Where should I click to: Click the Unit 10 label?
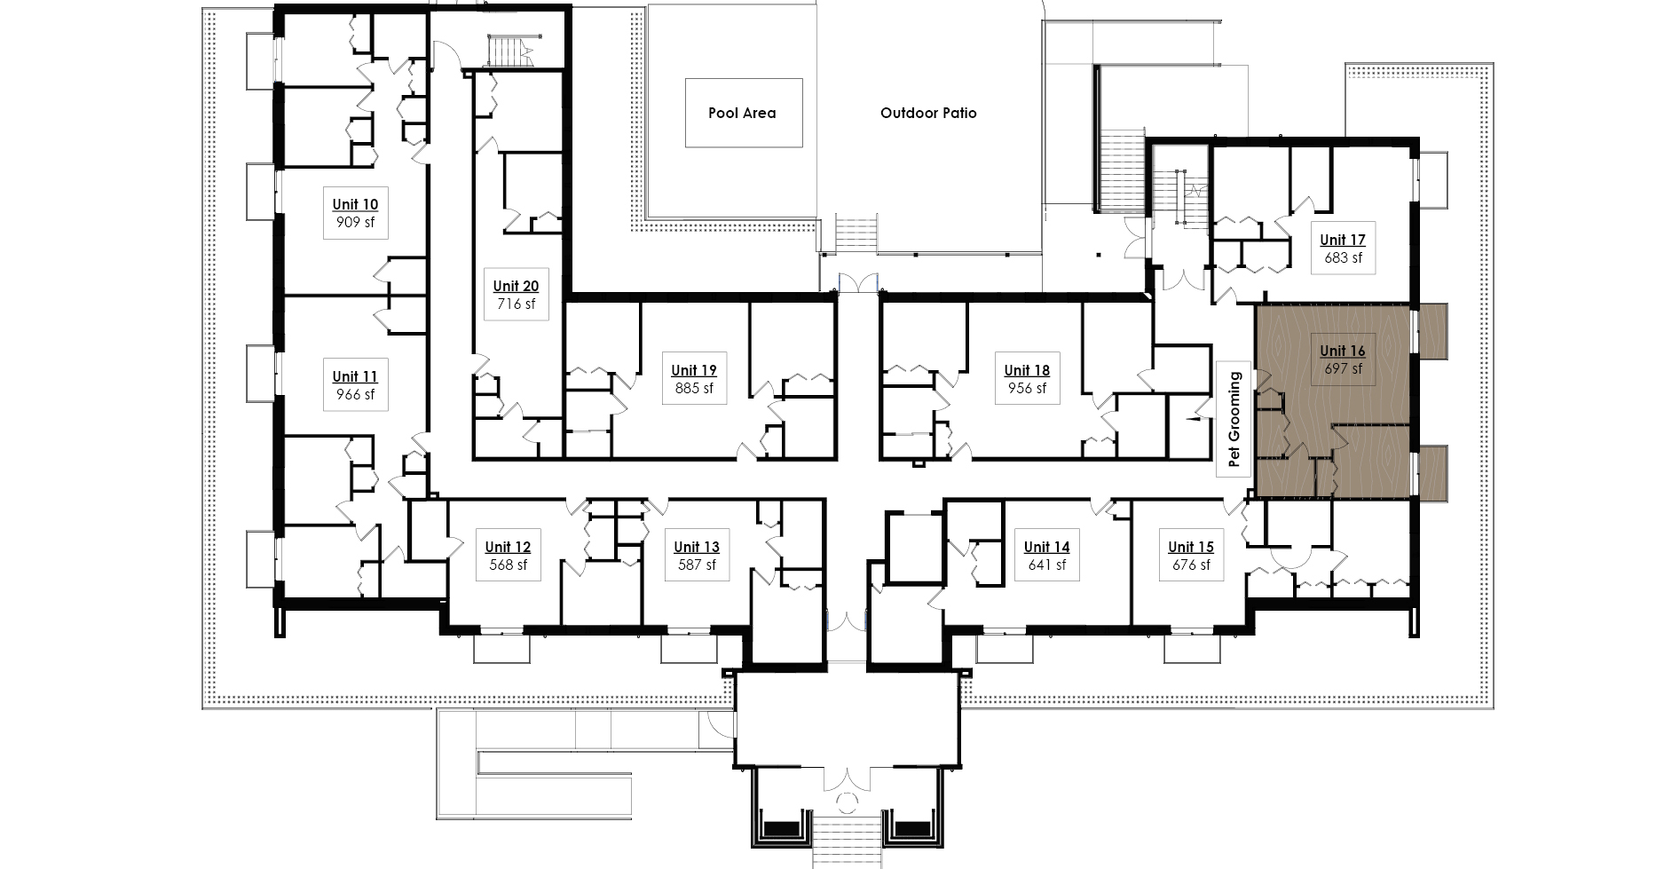[x=355, y=204]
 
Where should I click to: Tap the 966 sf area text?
[x=355, y=395]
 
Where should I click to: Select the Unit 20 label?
[x=516, y=286]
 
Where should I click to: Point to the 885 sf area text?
[x=694, y=389]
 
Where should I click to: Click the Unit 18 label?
[x=1027, y=370]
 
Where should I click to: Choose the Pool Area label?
[x=742, y=113]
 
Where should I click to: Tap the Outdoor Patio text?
[x=928, y=113]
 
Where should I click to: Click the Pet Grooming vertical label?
[x=1233, y=420]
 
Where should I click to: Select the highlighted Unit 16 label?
[x=1343, y=351]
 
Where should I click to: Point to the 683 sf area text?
[x=1343, y=258]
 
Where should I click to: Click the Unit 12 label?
[x=509, y=547]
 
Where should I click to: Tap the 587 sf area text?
[x=697, y=565]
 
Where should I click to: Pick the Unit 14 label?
[x=1047, y=547]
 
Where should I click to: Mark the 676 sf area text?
[x=1191, y=565]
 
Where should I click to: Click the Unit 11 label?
[x=355, y=376]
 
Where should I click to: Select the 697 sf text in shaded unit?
[x=1343, y=369]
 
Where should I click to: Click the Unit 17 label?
[x=1343, y=240]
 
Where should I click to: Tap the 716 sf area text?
[x=516, y=304]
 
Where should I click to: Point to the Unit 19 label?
[x=694, y=370]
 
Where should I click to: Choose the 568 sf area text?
[x=509, y=565]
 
